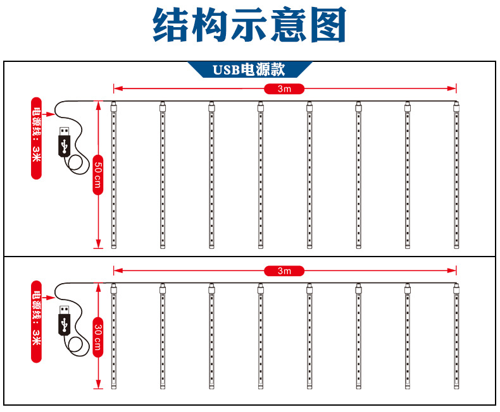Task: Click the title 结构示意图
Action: click(x=249, y=26)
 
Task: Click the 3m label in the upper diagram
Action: click(x=284, y=88)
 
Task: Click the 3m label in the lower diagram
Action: click(x=284, y=271)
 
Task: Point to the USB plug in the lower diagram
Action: click(x=64, y=320)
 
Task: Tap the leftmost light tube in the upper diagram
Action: click(x=114, y=175)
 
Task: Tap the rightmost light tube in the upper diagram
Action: click(x=456, y=175)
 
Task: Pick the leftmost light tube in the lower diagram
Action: click(x=114, y=337)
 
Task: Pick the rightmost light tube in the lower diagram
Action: click(x=456, y=337)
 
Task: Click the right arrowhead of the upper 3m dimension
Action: click(x=453, y=88)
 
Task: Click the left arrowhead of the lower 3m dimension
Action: click(x=116, y=271)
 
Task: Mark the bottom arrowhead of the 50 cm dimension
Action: click(x=98, y=245)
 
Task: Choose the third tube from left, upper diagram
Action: click(x=211, y=175)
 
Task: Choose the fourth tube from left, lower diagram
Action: click(x=260, y=337)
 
